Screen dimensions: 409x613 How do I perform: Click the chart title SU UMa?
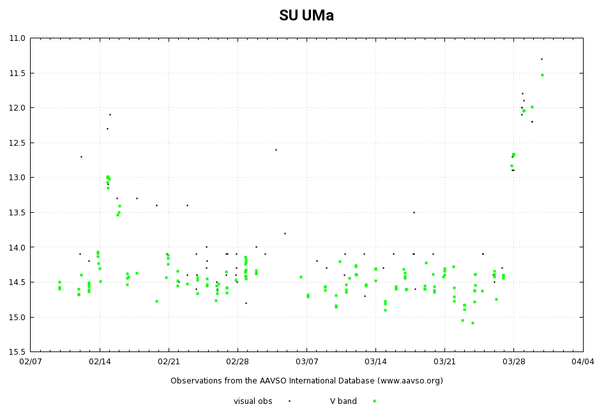pyautogui.click(x=306, y=16)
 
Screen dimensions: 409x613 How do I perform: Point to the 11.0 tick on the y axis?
pyautogui.click(x=17, y=38)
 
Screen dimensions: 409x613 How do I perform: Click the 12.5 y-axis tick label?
pyautogui.click(x=17, y=143)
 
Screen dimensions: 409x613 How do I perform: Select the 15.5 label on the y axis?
pyautogui.click(x=17, y=352)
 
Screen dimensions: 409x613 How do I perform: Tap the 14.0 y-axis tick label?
pyautogui.click(x=17, y=247)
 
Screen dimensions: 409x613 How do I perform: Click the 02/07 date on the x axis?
pyautogui.click(x=30, y=362)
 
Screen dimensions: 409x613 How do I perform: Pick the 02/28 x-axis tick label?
pyautogui.click(x=238, y=362)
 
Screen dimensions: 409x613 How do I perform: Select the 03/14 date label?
pyautogui.click(x=375, y=362)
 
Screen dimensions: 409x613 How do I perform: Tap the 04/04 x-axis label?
pyautogui.click(x=582, y=362)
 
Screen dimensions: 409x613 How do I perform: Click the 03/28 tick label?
pyautogui.click(x=513, y=362)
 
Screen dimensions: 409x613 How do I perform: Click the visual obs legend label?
pyautogui.click(x=253, y=401)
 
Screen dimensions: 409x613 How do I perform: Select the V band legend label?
pyautogui.click(x=344, y=401)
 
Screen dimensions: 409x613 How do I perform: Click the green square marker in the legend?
pyautogui.click(x=374, y=401)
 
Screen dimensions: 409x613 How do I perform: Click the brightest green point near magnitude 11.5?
pyautogui.click(x=542, y=75)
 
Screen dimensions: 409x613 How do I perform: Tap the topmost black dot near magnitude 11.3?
pyautogui.click(x=541, y=59)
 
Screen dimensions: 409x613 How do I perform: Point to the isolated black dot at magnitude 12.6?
pyautogui.click(x=276, y=150)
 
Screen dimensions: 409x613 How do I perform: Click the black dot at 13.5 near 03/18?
pyautogui.click(x=414, y=212)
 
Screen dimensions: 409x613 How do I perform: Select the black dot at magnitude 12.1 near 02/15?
pyautogui.click(x=110, y=114)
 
